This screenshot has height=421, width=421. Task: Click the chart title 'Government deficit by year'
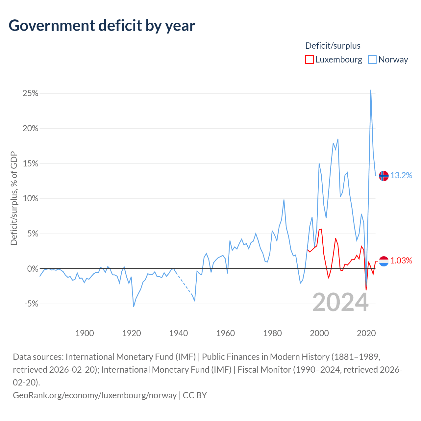click(102, 26)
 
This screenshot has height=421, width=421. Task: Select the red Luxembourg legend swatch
click(309, 60)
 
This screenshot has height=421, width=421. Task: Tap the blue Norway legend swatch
click(372, 60)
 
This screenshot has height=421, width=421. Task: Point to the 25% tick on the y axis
click(30, 93)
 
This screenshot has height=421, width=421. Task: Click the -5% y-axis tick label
click(31, 304)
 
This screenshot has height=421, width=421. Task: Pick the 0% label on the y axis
click(33, 269)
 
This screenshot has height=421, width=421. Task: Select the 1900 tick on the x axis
click(85, 333)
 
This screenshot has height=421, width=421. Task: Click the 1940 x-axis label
click(179, 333)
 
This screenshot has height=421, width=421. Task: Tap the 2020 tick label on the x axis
click(366, 333)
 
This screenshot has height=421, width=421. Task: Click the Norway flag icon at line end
click(384, 176)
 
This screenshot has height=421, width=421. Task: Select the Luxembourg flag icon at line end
click(384, 261)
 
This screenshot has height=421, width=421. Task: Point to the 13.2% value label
click(401, 175)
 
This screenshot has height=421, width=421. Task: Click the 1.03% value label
click(401, 260)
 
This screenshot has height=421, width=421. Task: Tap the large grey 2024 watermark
click(340, 302)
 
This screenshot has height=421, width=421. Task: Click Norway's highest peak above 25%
click(371, 90)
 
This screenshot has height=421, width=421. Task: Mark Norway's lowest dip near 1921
click(134, 307)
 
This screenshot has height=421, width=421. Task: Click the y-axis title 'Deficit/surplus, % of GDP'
click(14, 198)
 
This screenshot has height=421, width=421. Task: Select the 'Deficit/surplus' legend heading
click(333, 46)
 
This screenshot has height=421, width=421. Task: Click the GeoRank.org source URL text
click(95, 395)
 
